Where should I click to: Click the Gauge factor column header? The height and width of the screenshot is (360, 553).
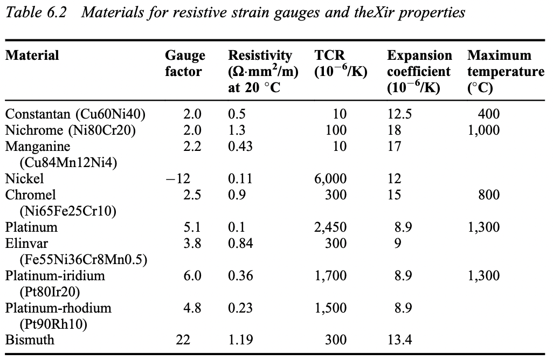tap(185, 64)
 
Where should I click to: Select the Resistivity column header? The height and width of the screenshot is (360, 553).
tap(261, 71)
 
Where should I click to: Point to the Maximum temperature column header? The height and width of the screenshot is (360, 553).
tap(506, 71)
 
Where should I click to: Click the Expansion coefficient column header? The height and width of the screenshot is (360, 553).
tap(419, 71)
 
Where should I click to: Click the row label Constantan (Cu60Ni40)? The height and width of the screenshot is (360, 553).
tap(75, 114)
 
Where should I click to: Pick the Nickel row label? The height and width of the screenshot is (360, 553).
tap(24, 178)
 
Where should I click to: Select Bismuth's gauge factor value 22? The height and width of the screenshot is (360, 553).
tap(184, 340)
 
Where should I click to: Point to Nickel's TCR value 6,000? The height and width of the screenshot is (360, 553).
tap(330, 178)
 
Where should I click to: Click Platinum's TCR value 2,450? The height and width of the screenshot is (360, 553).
tap(330, 227)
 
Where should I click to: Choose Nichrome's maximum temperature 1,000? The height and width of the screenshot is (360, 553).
tap(484, 130)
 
